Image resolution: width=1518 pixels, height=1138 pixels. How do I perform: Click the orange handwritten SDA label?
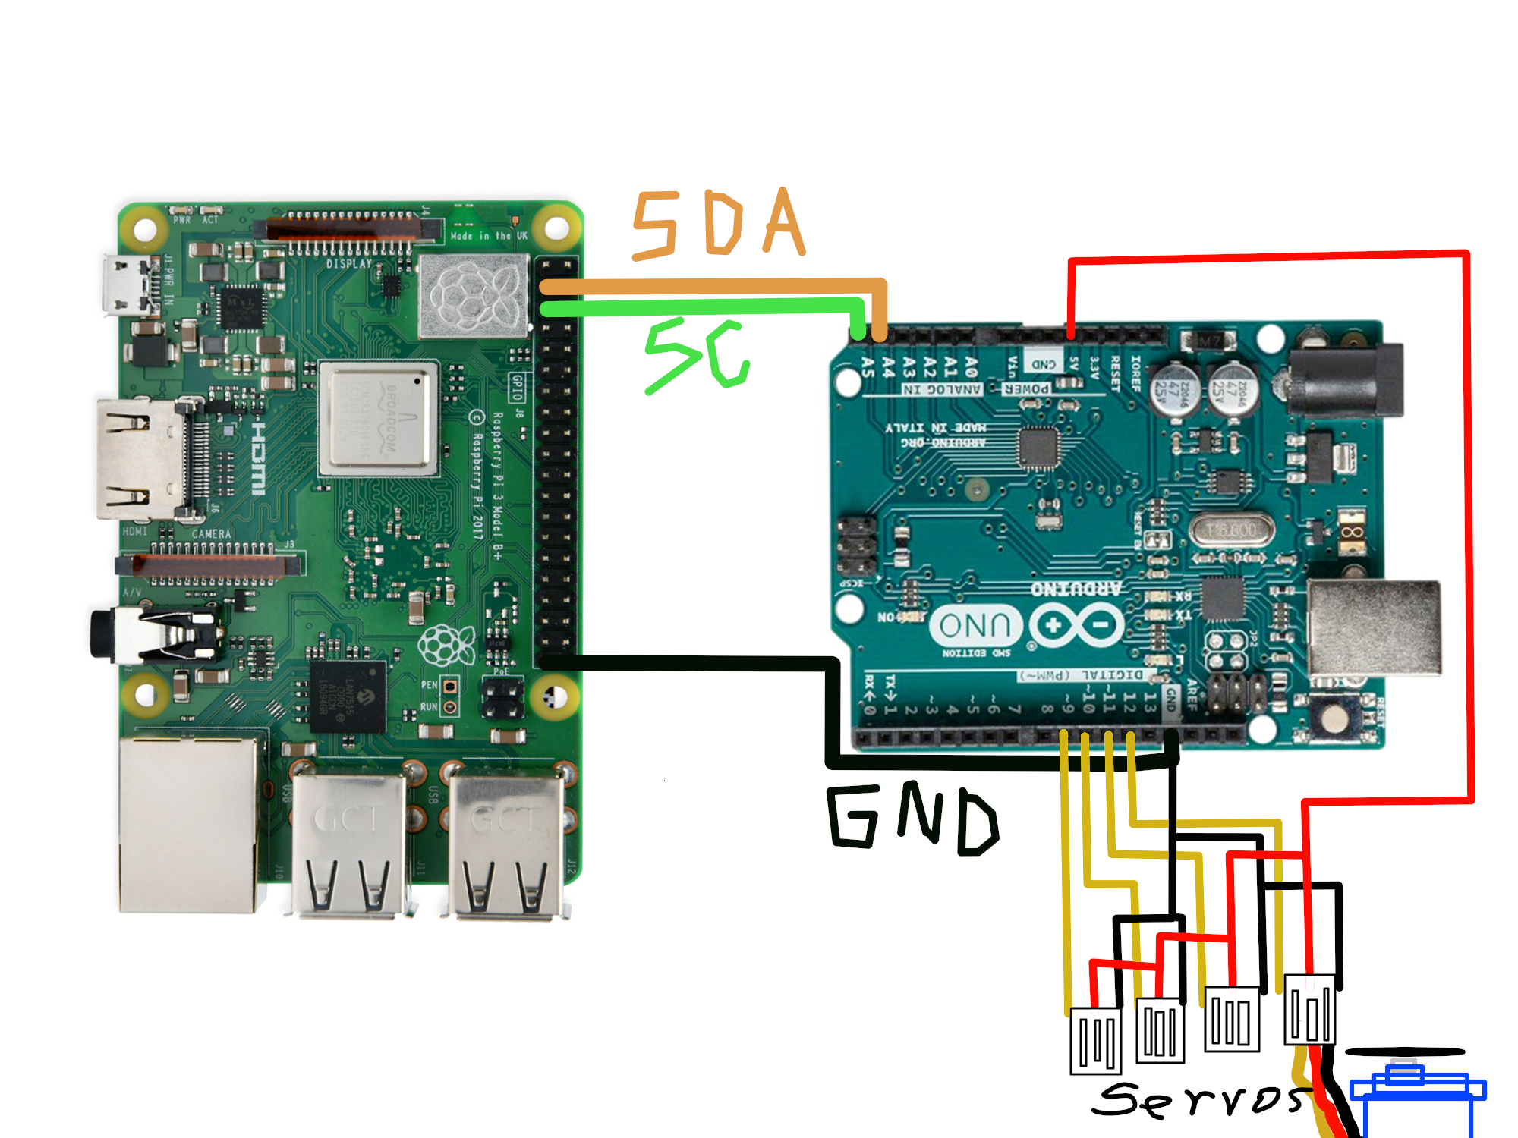tap(717, 224)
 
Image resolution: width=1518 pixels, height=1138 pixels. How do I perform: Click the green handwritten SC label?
tap(697, 355)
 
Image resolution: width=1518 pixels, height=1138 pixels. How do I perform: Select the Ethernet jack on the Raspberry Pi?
tap(190, 823)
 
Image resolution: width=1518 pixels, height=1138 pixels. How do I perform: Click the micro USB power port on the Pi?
tap(121, 284)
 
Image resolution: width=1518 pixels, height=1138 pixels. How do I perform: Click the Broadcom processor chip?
tap(378, 418)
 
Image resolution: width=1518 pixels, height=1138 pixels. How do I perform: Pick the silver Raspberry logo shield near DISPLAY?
tap(474, 295)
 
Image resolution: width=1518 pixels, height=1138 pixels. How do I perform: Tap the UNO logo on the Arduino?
tap(975, 625)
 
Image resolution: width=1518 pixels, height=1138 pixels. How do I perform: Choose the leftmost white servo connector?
tap(1095, 1040)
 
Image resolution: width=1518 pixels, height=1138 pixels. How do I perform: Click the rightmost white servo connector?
tap(1309, 1009)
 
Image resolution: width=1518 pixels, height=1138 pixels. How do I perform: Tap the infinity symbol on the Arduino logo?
tap(1078, 625)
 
